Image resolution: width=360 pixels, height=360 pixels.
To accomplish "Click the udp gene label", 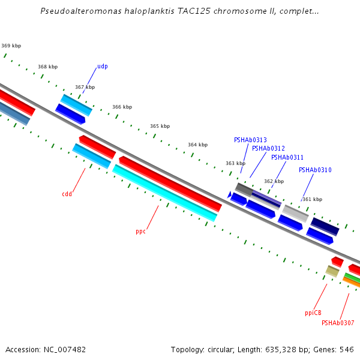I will pos(103,67).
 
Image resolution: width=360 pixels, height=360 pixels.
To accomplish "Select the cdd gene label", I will pos(67,194).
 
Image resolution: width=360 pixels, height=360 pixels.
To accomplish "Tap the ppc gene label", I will pos(140,231).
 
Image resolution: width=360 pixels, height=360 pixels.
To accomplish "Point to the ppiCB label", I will pos(313,313).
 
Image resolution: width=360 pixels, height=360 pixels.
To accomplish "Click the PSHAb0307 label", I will pos(337,323).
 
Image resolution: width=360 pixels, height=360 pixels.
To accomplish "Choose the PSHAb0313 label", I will pos(250,140).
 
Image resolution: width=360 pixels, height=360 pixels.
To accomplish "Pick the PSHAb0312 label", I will pos(268,148).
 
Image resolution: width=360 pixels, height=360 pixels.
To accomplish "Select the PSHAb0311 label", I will pos(287,157).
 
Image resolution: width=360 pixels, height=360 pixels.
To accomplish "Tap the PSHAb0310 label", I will pos(315,170).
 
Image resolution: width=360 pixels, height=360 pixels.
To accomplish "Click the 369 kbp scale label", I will pos(11,46).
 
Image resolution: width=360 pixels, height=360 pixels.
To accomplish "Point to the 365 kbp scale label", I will pos(160,126).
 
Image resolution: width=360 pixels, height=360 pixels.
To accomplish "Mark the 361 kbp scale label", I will pos(312,199).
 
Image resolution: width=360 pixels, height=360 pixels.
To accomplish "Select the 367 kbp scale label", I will pos(85,87).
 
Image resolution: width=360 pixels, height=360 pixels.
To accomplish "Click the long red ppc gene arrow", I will pos(170,184).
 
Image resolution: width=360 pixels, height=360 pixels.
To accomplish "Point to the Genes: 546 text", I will pos(338,349).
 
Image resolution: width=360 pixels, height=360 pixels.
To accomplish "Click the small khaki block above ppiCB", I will pos(332,271).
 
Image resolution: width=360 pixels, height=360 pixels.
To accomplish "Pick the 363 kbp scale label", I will pos(235,163).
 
